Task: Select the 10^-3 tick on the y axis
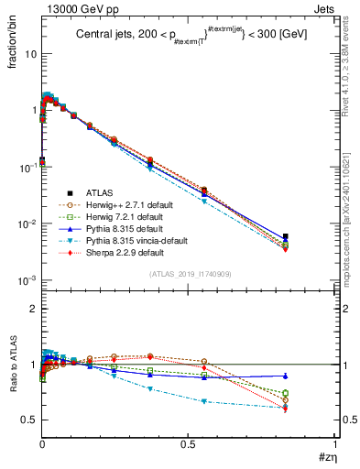pos(27,280)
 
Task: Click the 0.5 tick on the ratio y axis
pos(30,420)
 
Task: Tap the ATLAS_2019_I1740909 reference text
pos(190,275)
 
